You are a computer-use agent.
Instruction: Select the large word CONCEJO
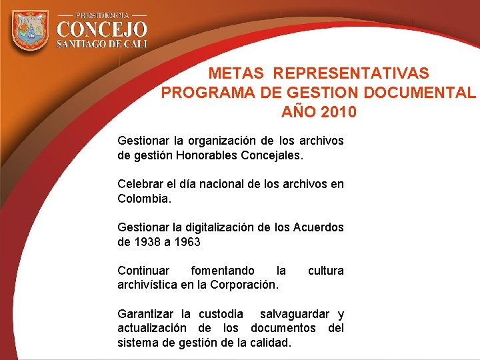click(101, 29)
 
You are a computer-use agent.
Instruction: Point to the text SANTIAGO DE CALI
click(101, 44)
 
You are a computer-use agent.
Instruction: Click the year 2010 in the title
click(338, 112)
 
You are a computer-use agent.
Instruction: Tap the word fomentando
click(223, 271)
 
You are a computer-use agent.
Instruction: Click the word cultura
click(325, 271)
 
